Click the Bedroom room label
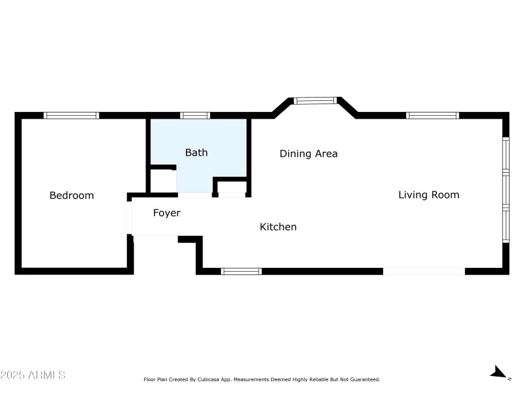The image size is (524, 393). (x=71, y=195)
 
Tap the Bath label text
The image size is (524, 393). (x=196, y=153)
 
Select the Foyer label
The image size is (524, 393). (x=166, y=213)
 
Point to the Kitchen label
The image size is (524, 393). (x=278, y=227)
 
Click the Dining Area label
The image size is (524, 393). (x=309, y=154)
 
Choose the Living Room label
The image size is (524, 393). (x=428, y=195)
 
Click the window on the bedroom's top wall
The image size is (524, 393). (x=71, y=115)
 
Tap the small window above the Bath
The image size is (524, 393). (x=195, y=115)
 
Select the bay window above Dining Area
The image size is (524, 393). (x=314, y=100)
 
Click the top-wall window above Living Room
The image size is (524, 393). (x=432, y=115)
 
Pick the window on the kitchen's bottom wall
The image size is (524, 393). (x=241, y=271)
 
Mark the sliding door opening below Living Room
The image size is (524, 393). (x=424, y=271)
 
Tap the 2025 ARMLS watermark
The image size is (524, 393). (x=33, y=375)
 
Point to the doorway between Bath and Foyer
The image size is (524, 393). (x=195, y=195)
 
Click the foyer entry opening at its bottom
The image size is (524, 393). (x=155, y=236)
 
